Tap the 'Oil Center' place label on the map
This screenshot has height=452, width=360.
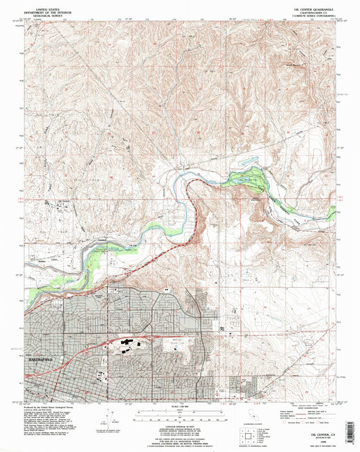point(63,201)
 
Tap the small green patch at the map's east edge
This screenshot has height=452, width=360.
point(331,214)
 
